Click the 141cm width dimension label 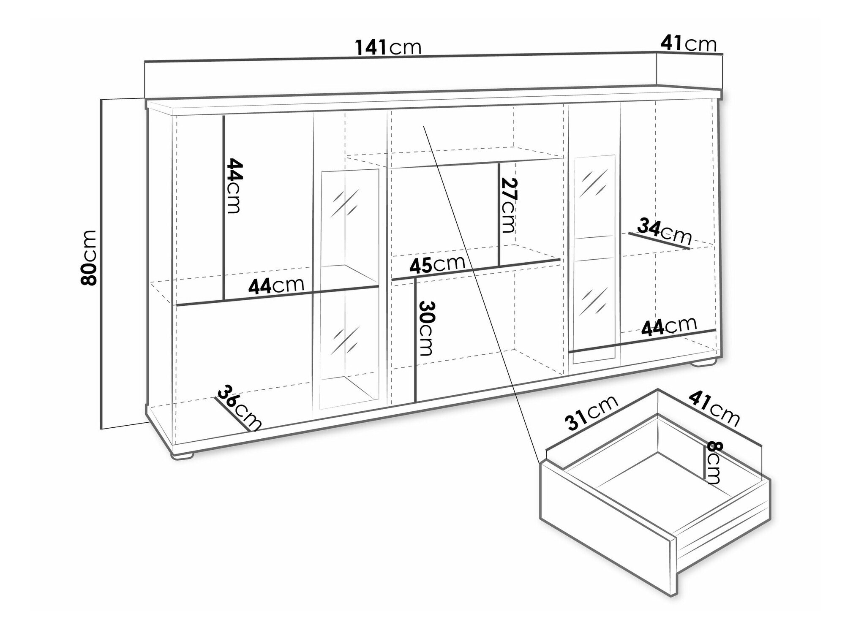(388, 47)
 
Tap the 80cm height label (89, 258)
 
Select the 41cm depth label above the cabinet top (689, 43)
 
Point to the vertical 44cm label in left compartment (234, 185)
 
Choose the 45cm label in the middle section (437, 264)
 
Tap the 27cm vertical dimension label (508, 205)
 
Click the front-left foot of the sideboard (183, 455)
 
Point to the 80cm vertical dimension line (101, 264)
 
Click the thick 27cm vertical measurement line (499, 215)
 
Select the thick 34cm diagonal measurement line (659, 241)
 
